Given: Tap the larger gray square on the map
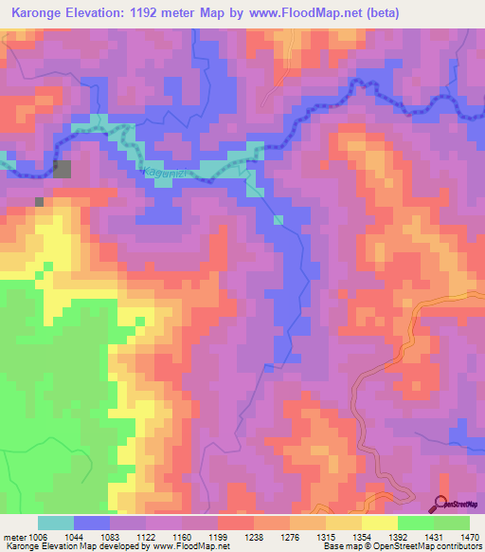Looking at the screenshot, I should (62, 170).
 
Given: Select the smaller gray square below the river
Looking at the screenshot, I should (39, 201).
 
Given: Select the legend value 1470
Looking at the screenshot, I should (468, 536).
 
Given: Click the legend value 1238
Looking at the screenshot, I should (228, 536).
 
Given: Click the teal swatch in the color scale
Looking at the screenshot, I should (56, 523).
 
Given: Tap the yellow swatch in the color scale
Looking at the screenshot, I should (379, 523).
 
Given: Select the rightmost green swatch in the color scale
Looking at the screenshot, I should (452, 523).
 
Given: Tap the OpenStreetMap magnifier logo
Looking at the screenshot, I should (440, 505).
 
